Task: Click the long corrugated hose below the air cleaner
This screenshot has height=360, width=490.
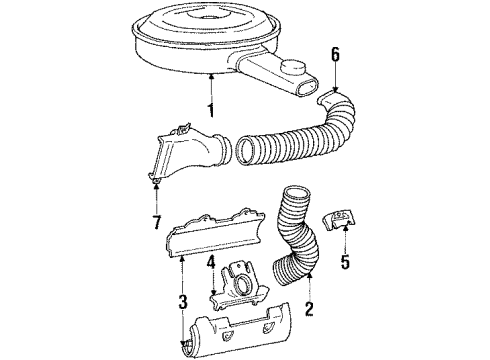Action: click(290, 140)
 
